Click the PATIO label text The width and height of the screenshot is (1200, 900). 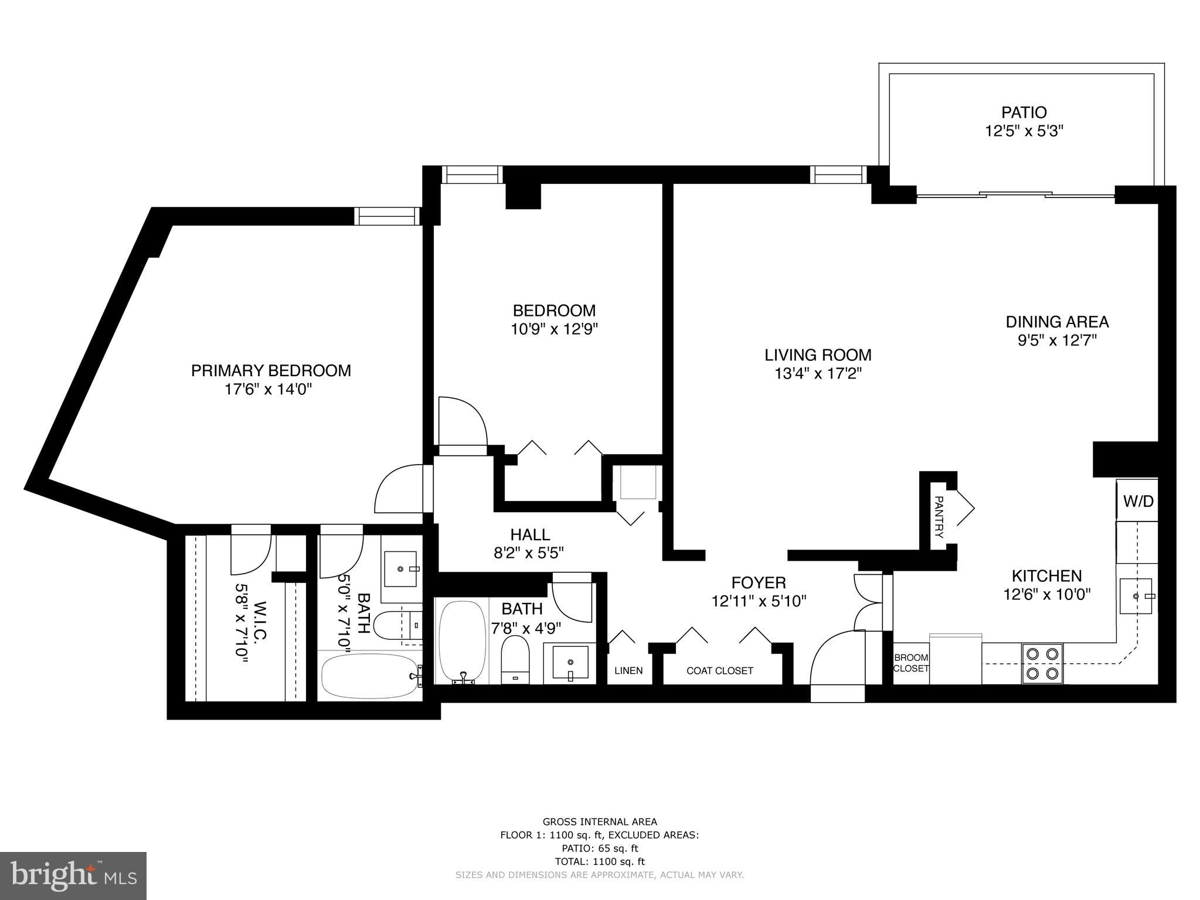click(1024, 112)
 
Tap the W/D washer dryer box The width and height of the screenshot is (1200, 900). click(1137, 501)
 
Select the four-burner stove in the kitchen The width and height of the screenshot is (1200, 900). click(1042, 663)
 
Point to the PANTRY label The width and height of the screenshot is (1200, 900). click(939, 517)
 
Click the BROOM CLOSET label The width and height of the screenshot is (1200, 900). click(911, 663)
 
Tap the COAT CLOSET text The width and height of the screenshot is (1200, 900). click(719, 671)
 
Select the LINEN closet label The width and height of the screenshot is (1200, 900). click(628, 671)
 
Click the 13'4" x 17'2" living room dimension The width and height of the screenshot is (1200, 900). click(818, 373)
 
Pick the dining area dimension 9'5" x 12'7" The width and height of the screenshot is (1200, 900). click(1057, 340)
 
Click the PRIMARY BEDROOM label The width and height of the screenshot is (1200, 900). click(271, 370)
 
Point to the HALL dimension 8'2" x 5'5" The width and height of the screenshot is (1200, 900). click(529, 553)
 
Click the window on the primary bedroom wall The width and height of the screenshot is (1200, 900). click(387, 216)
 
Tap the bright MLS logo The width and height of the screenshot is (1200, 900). click(73, 875)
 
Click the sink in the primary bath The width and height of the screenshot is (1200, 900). click(400, 568)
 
